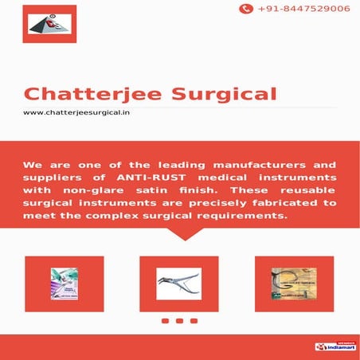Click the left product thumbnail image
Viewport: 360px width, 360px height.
65,284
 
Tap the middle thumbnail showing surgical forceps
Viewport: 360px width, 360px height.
178,284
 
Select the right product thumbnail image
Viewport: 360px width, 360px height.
293,284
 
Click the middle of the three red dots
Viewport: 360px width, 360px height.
178,321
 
